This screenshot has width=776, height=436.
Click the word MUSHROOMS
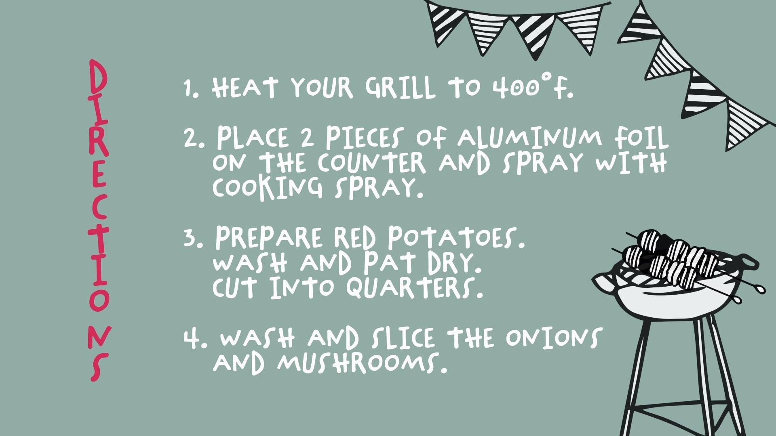(x=363, y=362)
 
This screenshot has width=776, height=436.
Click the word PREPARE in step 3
(x=269, y=237)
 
